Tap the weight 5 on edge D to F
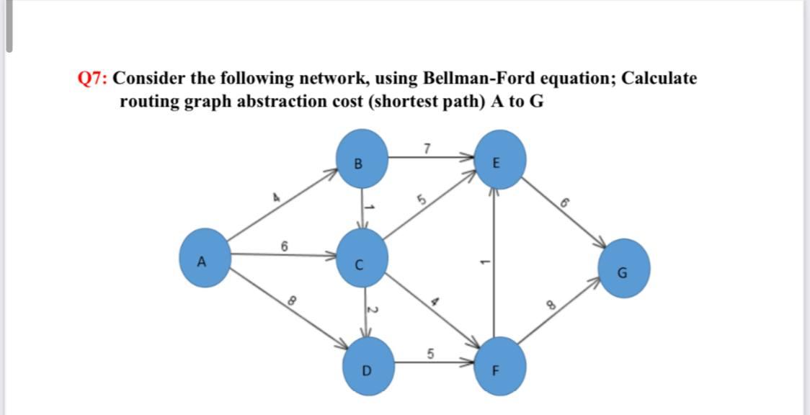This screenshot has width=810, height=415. (430, 354)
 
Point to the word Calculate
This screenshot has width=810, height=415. (659, 78)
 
